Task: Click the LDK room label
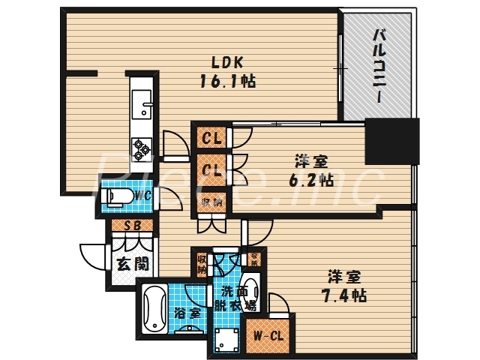point(226,63)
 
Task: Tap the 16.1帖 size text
point(226,81)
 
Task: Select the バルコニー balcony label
point(379,66)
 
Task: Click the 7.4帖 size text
point(346,295)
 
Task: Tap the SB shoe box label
point(133,225)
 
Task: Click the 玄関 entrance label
point(132,263)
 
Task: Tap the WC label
point(144,196)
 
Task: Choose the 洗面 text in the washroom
point(229,292)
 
